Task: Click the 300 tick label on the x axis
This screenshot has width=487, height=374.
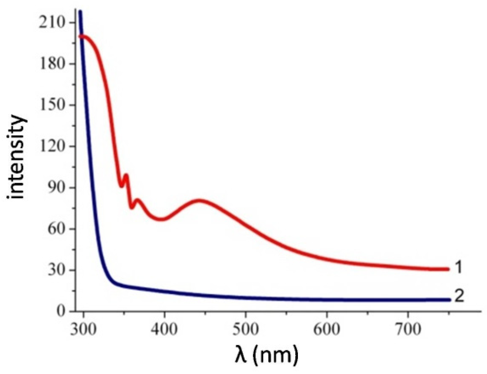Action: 83,329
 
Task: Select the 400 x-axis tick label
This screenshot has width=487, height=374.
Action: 164,329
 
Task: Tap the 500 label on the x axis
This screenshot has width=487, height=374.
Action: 246,329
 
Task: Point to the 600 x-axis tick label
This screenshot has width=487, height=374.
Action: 327,329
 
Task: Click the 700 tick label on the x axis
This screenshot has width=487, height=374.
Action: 408,329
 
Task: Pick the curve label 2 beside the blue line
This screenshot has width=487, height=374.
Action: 459,296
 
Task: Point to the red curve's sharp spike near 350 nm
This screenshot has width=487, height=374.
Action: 126,175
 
